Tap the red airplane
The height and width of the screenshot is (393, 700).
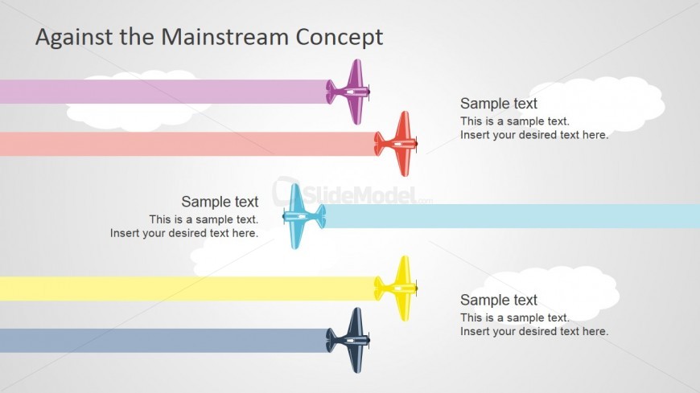399,144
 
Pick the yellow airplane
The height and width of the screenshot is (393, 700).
399,288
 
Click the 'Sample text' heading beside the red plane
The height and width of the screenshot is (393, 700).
499,104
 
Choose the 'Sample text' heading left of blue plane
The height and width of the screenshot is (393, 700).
220,202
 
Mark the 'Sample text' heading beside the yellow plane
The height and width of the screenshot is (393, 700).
499,300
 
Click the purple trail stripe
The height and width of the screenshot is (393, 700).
161,92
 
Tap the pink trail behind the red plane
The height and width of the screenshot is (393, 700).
185,144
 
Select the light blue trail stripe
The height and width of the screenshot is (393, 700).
515,216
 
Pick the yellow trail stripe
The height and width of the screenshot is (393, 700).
185,289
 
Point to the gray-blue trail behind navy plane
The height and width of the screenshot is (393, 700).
161,341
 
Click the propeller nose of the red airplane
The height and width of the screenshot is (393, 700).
417,144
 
